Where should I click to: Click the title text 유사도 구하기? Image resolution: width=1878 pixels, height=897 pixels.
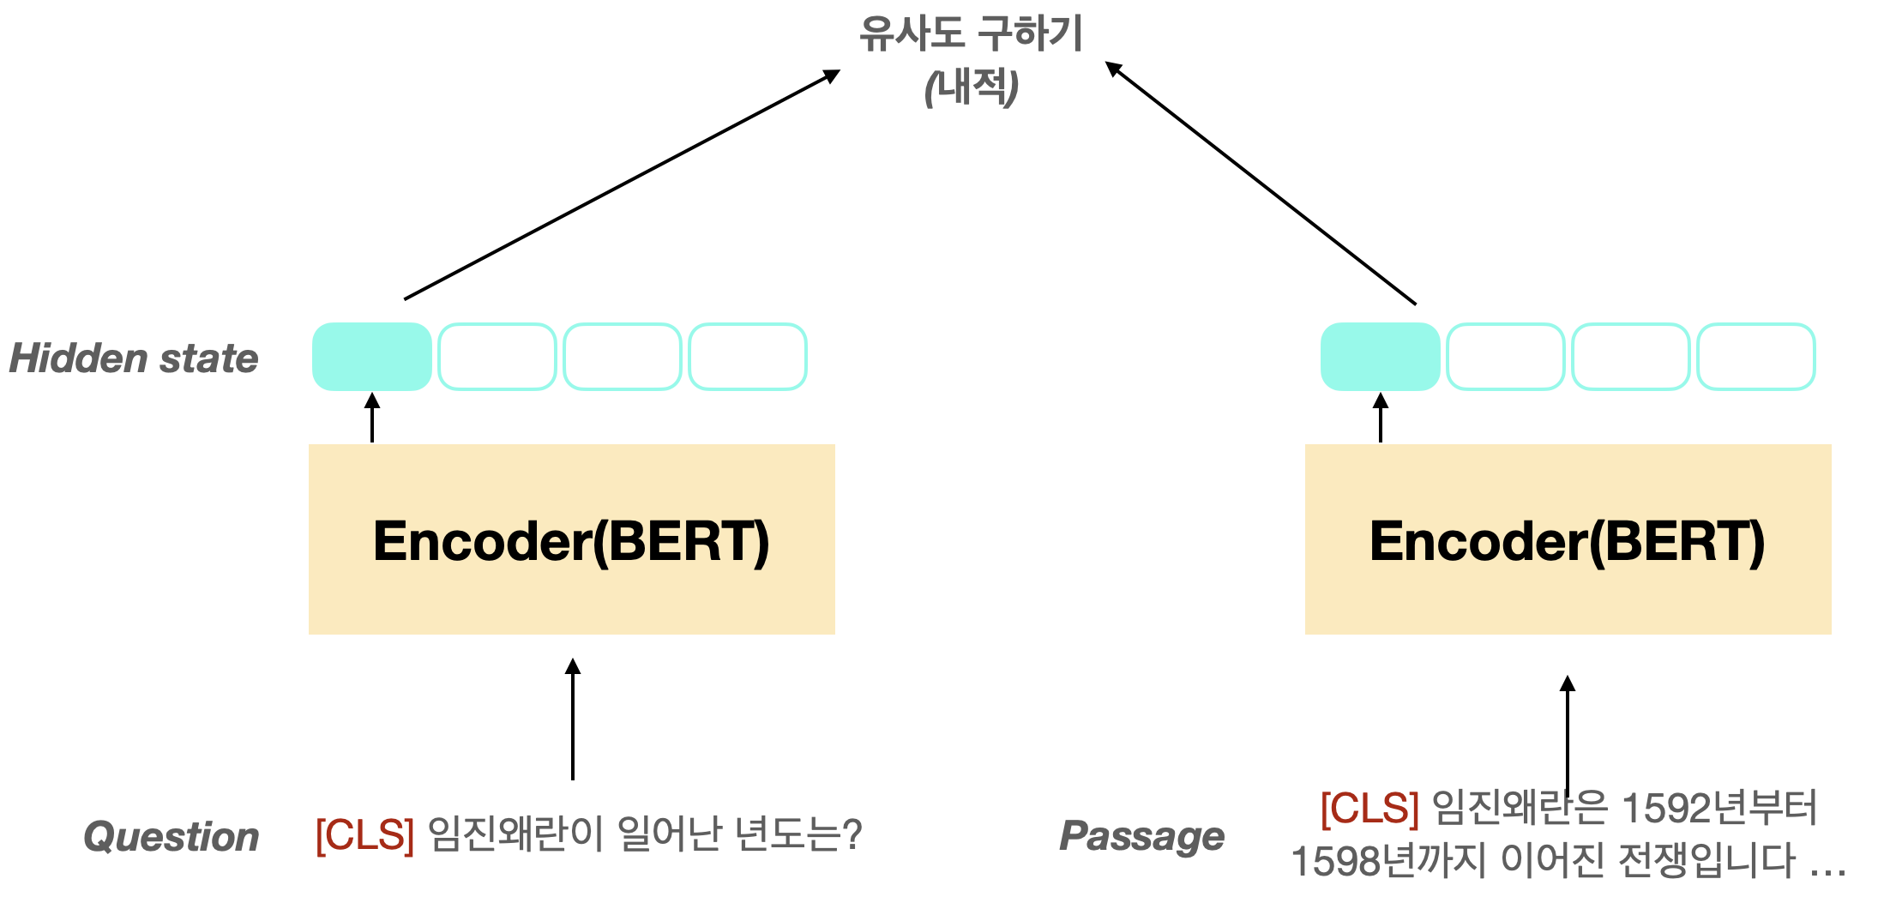click(x=971, y=35)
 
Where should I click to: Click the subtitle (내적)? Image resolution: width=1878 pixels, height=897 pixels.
click(x=971, y=87)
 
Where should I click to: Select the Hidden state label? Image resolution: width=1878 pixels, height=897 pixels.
click(x=133, y=358)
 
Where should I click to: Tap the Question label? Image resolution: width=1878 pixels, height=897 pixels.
click(x=171, y=837)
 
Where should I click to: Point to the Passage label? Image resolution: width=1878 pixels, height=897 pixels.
click(x=1141, y=837)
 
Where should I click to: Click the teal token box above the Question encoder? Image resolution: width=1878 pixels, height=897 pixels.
click(x=371, y=357)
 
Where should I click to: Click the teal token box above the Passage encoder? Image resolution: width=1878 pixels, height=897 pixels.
click(x=1380, y=357)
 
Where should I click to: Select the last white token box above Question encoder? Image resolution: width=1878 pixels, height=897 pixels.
click(x=747, y=357)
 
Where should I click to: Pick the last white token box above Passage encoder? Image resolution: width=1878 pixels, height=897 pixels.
click(x=1755, y=357)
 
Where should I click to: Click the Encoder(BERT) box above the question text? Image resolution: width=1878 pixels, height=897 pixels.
click(x=571, y=539)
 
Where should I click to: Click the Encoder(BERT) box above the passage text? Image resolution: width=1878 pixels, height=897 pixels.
click(x=1568, y=539)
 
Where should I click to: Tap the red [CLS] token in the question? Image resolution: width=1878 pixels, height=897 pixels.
click(x=364, y=835)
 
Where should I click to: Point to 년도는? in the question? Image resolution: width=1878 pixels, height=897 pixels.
click(x=798, y=835)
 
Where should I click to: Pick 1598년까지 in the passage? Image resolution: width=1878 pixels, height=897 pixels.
click(x=1387, y=861)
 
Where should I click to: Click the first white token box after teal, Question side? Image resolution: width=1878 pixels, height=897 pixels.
click(x=497, y=357)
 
